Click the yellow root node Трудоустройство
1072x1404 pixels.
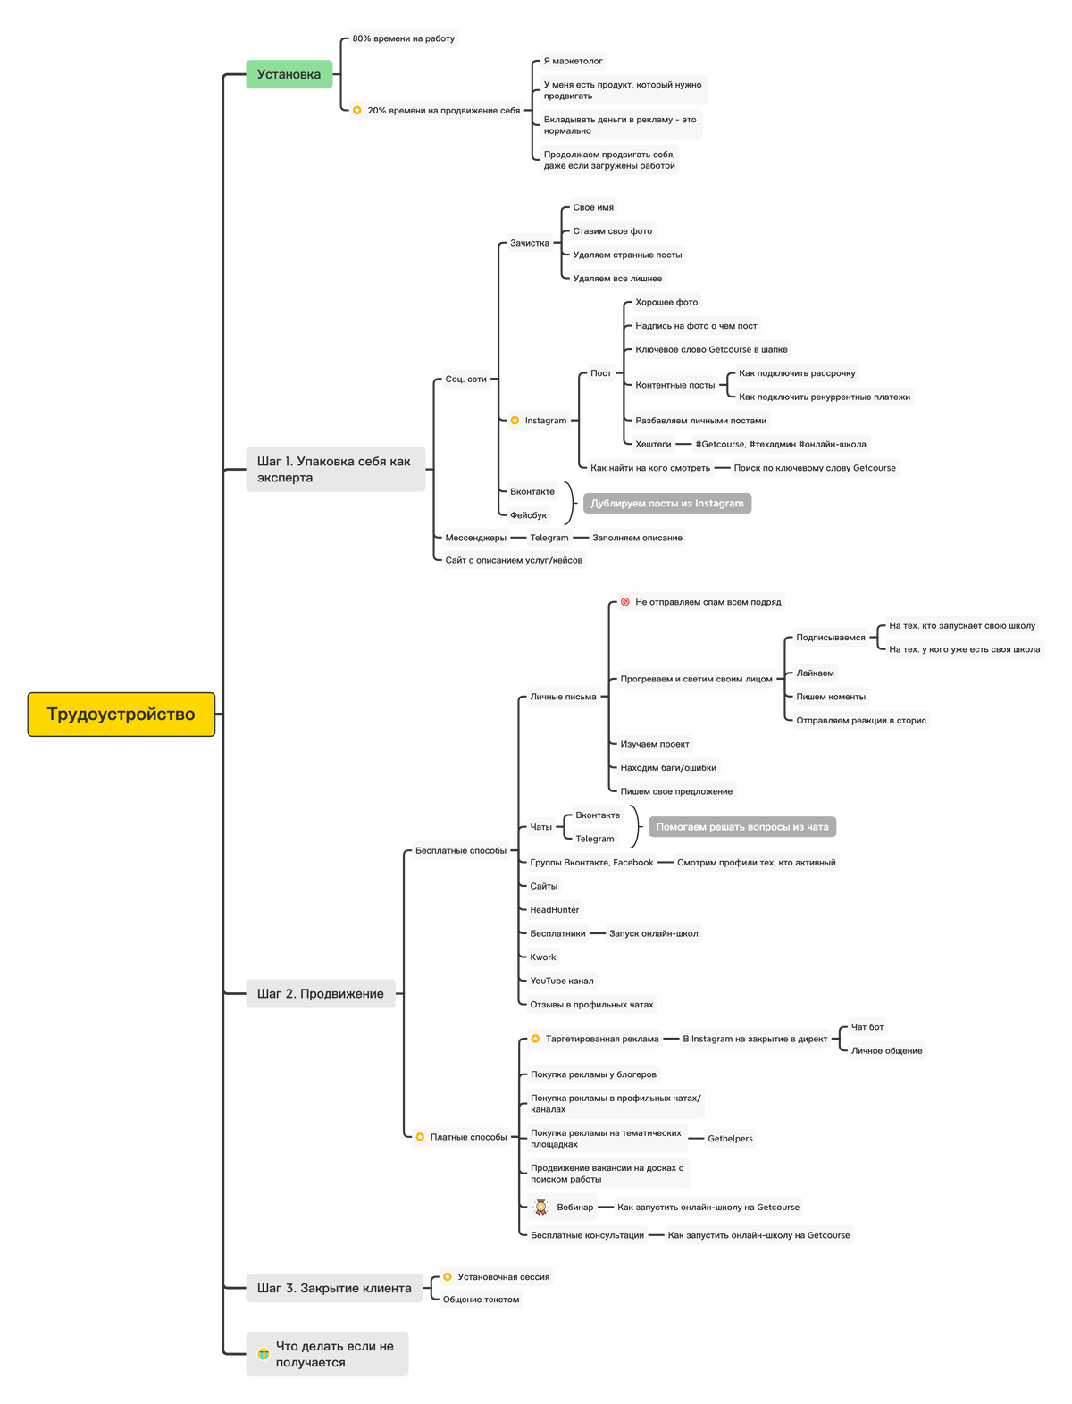121,715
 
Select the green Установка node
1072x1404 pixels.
289,74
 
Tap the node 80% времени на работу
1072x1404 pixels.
403,38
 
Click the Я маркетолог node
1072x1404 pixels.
573,61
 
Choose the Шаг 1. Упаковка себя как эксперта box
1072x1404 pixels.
335,470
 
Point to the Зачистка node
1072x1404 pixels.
530,243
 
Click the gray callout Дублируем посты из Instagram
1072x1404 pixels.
667,504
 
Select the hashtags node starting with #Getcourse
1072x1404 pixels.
780,444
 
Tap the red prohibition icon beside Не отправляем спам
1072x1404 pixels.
625,602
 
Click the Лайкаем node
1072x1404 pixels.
815,673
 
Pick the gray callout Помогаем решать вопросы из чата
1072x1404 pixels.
742,827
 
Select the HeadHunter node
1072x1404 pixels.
555,910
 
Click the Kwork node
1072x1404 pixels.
543,957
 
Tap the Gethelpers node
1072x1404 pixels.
730,1139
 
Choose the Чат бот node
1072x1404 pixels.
867,1027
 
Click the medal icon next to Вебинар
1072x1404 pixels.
540,1207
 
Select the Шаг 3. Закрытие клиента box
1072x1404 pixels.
334,1288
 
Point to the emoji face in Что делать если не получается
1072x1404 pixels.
264,1354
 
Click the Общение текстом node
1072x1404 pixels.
481,1300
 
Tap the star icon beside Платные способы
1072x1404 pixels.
420,1137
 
